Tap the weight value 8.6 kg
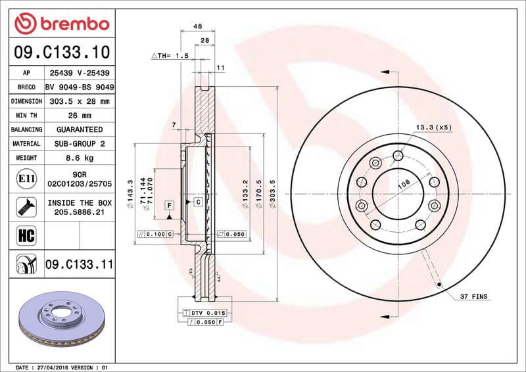(80, 158)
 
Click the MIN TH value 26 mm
(80, 116)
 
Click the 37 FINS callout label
(474, 298)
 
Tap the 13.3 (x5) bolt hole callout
(433, 127)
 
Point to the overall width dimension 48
(197, 27)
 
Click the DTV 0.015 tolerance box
(208, 312)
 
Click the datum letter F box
(169, 206)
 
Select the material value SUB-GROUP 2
(80, 143)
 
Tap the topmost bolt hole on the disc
(398, 155)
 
